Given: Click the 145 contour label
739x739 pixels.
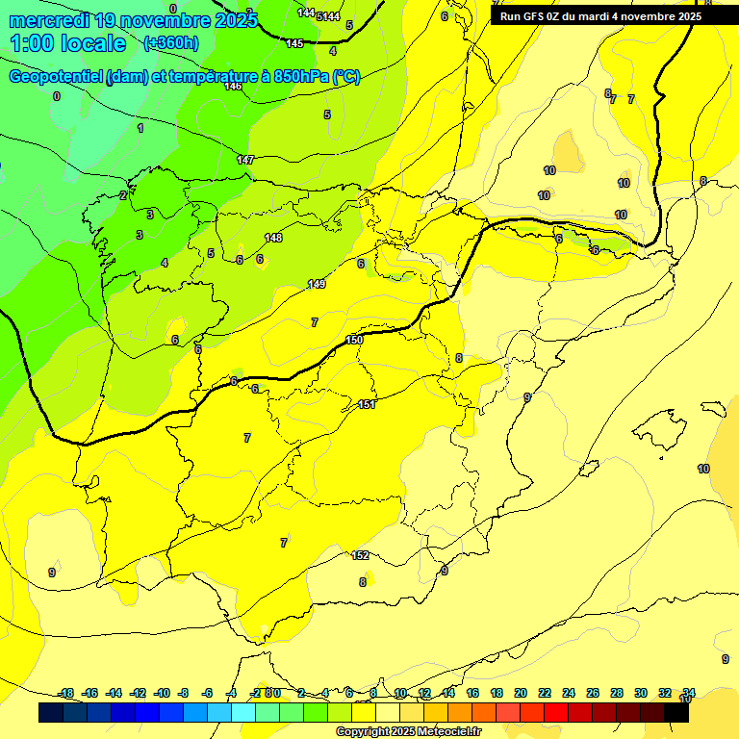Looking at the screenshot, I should [x=294, y=43].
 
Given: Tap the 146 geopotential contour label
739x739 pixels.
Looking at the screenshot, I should [x=233, y=87].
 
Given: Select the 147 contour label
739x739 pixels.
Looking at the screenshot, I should [x=245, y=160].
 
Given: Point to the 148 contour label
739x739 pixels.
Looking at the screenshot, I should [x=274, y=238].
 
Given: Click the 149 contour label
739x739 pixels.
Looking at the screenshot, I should [x=317, y=284].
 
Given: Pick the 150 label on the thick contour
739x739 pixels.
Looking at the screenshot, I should [x=354, y=340].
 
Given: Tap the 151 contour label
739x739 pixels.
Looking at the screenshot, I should [x=366, y=404].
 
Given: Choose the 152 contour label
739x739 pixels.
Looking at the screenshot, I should [x=361, y=555].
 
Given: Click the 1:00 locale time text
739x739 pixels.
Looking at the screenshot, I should [x=69, y=43].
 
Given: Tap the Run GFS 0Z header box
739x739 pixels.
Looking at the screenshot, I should [x=600, y=16].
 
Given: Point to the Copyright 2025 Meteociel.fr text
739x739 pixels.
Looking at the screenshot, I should [x=408, y=731].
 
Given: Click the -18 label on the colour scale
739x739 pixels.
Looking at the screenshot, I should [x=66, y=693].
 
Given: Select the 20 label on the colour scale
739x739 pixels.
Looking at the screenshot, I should [x=521, y=693].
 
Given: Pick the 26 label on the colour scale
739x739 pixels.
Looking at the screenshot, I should [x=593, y=693].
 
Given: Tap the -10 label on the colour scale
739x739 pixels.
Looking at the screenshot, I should [x=162, y=693].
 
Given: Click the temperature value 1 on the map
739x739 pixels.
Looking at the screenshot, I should [x=140, y=128].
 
